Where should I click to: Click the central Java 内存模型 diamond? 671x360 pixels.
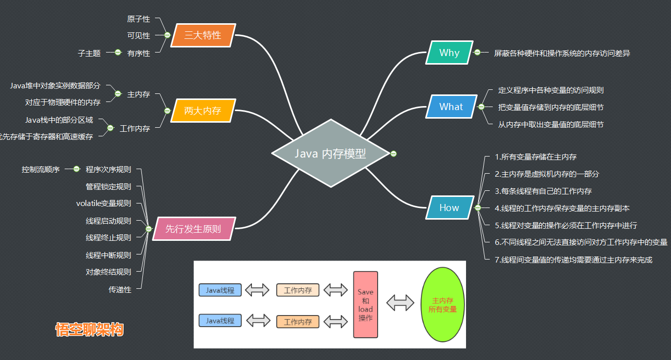331,153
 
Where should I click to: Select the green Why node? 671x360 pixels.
449,53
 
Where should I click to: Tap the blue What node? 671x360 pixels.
451,107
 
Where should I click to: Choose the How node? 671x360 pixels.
449,208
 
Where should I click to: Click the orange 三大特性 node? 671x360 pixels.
202,35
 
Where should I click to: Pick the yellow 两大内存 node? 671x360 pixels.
202,111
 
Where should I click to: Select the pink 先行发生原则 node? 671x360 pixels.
193,229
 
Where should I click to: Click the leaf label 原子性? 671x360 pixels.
138,19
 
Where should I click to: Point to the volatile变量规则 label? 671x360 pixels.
104,203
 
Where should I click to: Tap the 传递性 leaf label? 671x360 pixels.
120,289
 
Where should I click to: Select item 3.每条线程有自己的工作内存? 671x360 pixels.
543,191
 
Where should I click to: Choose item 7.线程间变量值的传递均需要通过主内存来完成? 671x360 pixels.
574,260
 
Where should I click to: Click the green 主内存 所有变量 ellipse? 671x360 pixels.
442,304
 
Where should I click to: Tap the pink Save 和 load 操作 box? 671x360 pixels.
366,304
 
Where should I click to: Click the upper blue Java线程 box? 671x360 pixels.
220,290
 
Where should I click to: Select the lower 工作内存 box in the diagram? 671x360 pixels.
298,322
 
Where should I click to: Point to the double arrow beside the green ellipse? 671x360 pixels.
400,303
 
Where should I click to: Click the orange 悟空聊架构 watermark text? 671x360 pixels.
89,330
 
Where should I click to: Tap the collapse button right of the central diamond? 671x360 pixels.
394,153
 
